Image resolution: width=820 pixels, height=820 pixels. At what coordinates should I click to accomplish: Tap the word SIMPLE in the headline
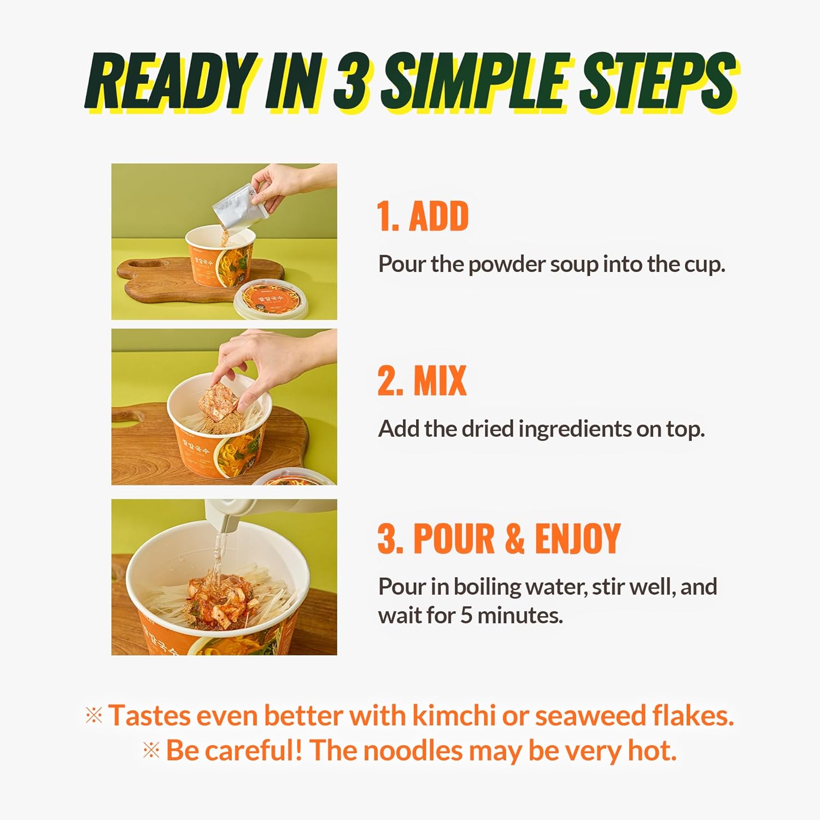coord(476,81)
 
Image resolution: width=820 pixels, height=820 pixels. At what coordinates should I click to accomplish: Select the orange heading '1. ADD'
coord(423,216)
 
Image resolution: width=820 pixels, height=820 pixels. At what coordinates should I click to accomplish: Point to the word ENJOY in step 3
coord(577,538)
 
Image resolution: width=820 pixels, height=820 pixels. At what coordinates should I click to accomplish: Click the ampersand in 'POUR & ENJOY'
coord(514,538)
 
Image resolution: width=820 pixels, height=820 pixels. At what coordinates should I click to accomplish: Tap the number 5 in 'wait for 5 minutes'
coord(466,616)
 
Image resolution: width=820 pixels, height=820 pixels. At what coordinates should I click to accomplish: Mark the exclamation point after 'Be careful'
coord(298,749)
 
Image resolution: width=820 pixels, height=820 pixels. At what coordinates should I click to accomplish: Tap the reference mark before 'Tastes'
coord(94,716)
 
